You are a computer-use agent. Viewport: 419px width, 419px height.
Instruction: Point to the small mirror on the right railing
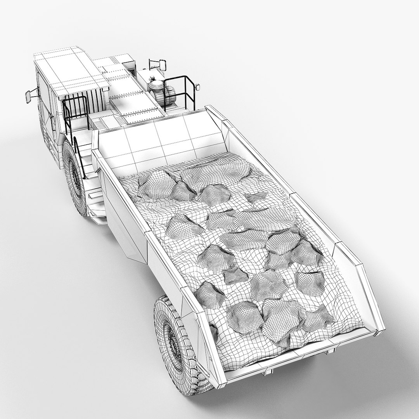[197, 85]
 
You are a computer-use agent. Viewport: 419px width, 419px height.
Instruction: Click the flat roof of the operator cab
[70, 70]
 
